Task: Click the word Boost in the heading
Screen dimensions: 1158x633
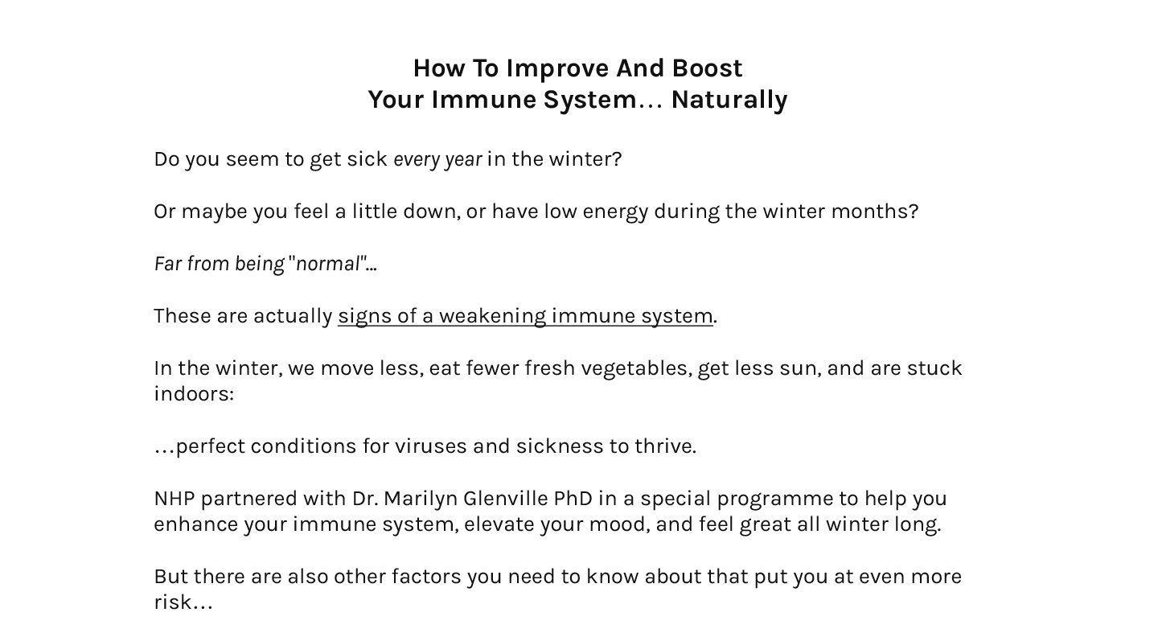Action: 707,68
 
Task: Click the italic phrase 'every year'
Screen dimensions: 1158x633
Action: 437,160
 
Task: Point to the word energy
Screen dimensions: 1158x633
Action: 615,212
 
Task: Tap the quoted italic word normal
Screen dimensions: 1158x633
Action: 328,264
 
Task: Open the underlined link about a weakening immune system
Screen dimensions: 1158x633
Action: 525,316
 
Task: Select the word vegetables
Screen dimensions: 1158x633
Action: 635,369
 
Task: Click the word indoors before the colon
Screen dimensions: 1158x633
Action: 191,394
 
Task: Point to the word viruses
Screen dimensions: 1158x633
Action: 431,446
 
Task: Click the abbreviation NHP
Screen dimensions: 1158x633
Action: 175,499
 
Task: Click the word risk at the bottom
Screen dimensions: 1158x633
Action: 172,602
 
